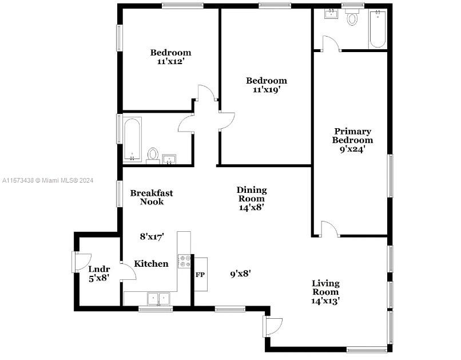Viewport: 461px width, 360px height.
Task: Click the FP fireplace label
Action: pyautogui.click(x=200, y=275)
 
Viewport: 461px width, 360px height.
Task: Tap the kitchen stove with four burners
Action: pyautogui.click(x=184, y=261)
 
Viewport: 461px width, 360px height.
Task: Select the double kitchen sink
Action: pyautogui.click(x=159, y=299)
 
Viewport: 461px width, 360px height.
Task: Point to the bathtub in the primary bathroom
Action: pyautogui.click(x=377, y=29)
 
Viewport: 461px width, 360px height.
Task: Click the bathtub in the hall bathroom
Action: pyautogui.click(x=132, y=139)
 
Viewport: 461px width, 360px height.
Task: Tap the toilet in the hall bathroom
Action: pyautogui.click(x=153, y=156)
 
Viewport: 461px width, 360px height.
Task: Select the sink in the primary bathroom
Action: pyautogui.click(x=331, y=14)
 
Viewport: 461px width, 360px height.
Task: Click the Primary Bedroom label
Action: pyautogui.click(x=352, y=136)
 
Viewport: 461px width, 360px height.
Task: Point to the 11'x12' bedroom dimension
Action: pyautogui.click(x=170, y=61)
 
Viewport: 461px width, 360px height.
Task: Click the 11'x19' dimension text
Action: pyautogui.click(x=267, y=90)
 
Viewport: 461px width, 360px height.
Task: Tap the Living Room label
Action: pyautogui.click(x=325, y=288)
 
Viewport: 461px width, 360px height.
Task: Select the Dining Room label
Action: pyautogui.click(x=252, y=194)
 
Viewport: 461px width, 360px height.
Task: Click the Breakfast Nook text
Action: pyautogui.click(x=152, y=197)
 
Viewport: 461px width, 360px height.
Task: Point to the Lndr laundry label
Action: pyautogui.click(x=99, y=269)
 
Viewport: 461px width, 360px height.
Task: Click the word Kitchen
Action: pyautogui.click(x=151, y=263)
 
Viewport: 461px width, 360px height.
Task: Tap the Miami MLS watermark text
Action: pyautogui.click(x=48, y=180)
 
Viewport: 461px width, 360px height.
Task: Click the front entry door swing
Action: pyautogui.click(x=273, y=326)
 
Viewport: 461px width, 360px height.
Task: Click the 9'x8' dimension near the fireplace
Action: pyautogui.click(x=240, y=274)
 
